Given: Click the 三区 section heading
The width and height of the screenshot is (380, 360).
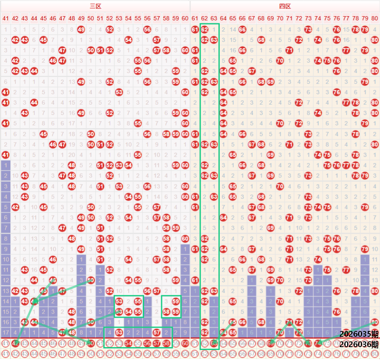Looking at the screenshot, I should coord(96,6).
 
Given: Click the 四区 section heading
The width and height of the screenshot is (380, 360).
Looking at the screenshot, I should coord(285,6).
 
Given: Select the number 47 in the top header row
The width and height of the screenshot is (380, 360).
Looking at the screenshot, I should coord(62,18).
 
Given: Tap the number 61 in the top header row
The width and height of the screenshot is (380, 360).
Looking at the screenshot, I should coord(195,18).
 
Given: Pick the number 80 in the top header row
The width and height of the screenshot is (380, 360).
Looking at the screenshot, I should coord(375,18).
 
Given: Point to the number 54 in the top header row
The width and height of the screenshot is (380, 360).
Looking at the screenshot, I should coord(128,18).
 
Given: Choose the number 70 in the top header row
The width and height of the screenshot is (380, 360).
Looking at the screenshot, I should coord(280,18).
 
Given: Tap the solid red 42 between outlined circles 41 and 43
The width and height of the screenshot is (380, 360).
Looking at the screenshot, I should coord(15,343).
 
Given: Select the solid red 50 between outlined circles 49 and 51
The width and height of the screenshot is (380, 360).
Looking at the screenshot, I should coord(91,343).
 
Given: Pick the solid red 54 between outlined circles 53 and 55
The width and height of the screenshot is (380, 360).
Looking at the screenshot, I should coord(128,343).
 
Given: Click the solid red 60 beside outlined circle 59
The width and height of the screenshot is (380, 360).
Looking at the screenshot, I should coord(185,343).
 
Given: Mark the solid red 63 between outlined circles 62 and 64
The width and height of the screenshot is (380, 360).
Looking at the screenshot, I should coord(214,343).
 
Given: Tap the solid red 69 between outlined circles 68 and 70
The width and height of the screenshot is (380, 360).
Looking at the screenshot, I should coord(270,343).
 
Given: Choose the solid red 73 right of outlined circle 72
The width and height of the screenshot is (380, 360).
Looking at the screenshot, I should coord(308,343).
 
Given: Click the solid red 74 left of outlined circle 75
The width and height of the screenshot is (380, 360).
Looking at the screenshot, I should coord(318,343).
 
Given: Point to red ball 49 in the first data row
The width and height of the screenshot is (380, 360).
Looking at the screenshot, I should coord(81,29).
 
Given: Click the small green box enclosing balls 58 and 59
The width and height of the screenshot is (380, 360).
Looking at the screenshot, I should coord(171,307).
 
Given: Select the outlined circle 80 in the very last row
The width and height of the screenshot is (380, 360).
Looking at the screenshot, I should coord(375,354).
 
